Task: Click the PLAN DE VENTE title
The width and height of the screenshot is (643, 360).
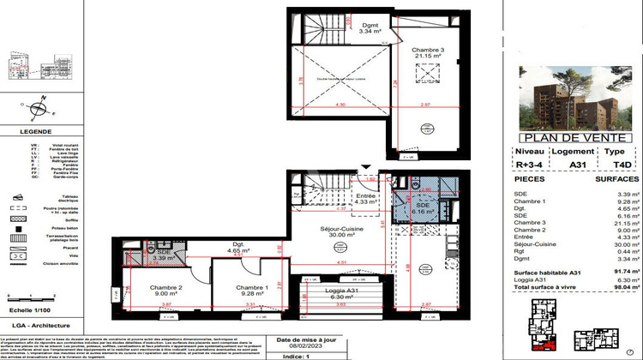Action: pos(579,137)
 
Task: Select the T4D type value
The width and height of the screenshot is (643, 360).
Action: pos(622,169)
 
